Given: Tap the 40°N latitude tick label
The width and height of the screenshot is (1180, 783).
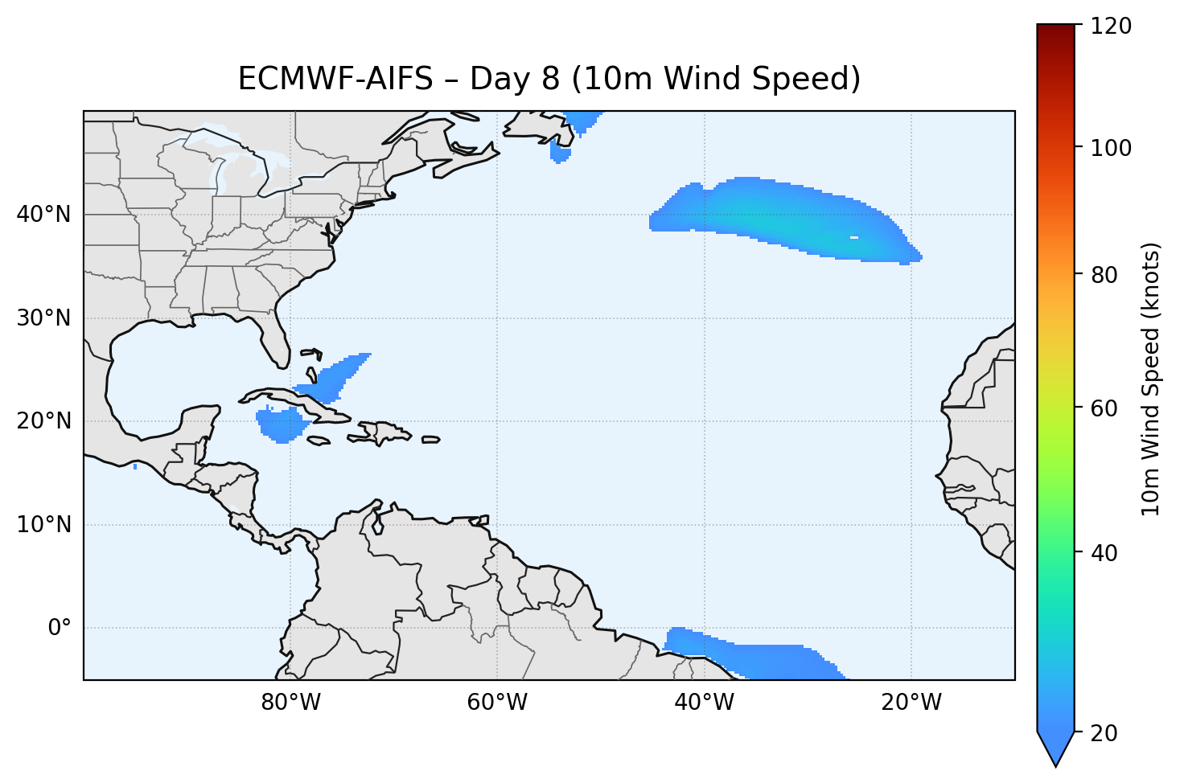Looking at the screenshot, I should (x=43, y=215).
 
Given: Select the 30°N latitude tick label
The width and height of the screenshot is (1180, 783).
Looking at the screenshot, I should (x=43, y=318).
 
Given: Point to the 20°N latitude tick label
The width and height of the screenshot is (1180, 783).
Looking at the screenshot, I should (x=43, y=421).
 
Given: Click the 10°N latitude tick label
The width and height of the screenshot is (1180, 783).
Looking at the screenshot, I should (x=43, y=525).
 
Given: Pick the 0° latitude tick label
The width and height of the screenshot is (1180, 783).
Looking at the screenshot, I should (x=60, y=628).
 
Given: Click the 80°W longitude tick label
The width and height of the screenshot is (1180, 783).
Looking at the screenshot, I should (x=290, y=703).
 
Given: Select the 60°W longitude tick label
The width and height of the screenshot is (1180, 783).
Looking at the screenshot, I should (x=497, y=703).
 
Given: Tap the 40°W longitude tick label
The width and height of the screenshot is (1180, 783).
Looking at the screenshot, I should (x=704, y=703).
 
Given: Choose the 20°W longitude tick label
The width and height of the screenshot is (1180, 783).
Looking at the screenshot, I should (x=911, y=703).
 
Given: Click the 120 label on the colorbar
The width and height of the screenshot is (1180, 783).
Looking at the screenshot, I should (x=1110, y=27).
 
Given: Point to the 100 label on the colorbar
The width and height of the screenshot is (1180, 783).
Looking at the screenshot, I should (x=1110, y=148).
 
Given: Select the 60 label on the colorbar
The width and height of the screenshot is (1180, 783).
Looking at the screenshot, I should (x=1104, y=408).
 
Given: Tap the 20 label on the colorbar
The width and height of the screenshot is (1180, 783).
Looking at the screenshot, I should (x=1104, y=733).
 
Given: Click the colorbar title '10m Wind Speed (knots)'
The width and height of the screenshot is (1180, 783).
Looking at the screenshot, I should (x=1151, y=379).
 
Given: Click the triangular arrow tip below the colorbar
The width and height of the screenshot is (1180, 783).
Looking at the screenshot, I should (x=1056, y=754).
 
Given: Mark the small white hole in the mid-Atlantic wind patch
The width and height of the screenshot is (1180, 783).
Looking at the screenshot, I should (x=853, y=237).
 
